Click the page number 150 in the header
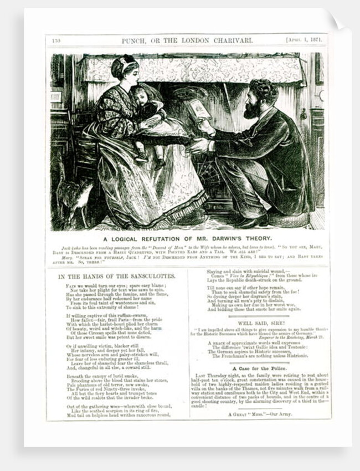56,40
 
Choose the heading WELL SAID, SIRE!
260,322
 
